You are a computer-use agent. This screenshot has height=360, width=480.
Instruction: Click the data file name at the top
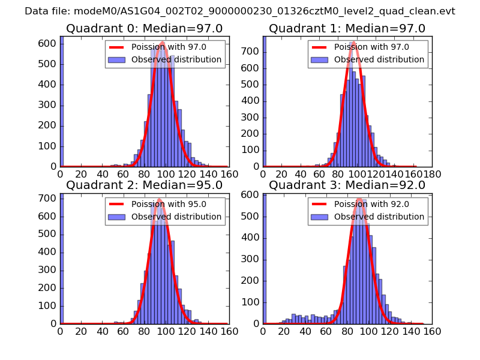(x=240, y=11)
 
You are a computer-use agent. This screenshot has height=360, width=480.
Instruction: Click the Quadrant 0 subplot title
(x=144, y=29)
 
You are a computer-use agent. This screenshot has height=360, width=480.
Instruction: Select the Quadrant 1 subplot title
(x=347, y=29)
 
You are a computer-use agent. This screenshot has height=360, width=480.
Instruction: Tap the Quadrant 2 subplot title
(x=144, y=185)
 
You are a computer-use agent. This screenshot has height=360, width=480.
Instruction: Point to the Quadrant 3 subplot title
(x=347, y=185)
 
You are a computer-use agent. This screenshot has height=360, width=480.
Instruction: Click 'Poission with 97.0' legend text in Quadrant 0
(x=169, y=47)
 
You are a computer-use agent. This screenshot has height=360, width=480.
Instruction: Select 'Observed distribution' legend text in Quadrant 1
(x=379, y=60)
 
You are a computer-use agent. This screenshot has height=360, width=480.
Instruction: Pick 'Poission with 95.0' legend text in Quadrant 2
(x=169, y=204)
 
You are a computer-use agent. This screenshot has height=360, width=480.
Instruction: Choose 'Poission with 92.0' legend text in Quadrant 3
(x=371, y=204)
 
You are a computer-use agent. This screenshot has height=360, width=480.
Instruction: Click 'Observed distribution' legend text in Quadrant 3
(x=379, y=217)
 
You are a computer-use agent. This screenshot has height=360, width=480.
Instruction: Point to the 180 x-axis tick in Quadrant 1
(x=433, y=174)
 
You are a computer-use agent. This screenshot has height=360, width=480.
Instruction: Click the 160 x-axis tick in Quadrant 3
(x=432, y=331)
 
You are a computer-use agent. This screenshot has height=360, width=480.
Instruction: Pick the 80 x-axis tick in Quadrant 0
(x=144, y=174)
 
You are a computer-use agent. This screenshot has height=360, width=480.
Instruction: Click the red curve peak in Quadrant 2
(x=159, y=199)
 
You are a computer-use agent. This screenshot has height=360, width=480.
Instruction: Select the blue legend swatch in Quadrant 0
(x=118, y=60)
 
